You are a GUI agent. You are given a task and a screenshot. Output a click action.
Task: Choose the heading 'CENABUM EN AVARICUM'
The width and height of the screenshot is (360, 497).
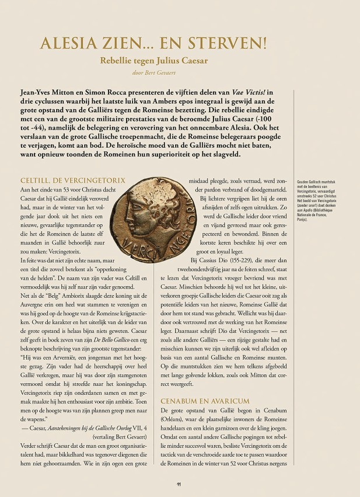pyautogui.click(x=205, y=401)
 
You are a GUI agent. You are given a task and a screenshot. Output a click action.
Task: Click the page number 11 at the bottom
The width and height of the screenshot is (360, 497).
pyautogui.click(x=180, y=484)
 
